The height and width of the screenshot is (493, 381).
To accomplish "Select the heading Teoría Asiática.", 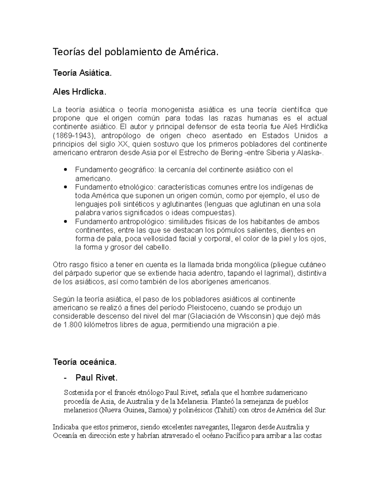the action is tap(82, 73).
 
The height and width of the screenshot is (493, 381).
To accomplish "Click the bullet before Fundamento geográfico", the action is tap(65, 170).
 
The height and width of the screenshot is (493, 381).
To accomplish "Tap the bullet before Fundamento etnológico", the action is tap(65, 187).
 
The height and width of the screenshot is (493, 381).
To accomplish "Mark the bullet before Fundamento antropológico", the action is tap(65, 222).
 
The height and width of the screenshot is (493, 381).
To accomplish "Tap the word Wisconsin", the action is tap(255, 316).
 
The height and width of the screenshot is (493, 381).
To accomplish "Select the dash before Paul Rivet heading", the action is tap(65, 378).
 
